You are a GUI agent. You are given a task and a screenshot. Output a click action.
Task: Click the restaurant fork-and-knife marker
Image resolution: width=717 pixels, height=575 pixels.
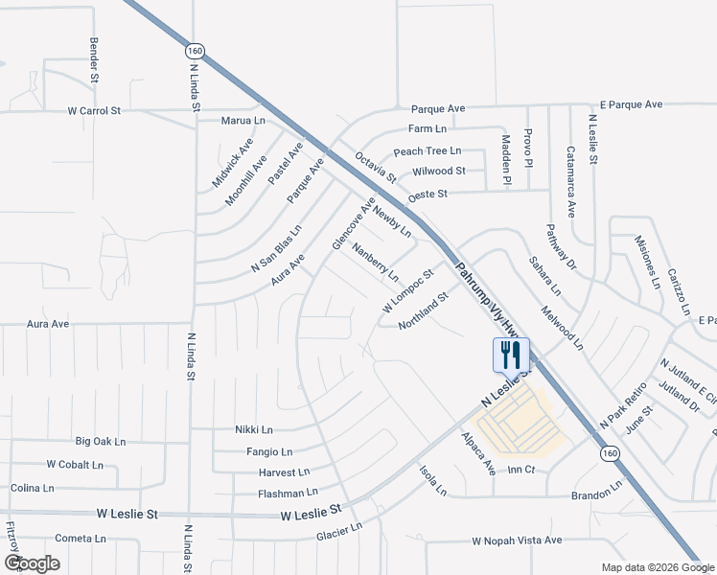click(x=510, y=355)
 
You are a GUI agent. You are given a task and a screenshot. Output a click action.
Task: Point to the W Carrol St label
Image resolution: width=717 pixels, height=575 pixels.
click(x=94, y=111)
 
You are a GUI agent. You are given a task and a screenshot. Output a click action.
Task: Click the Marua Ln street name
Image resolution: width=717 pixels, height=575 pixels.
click(x=243, y=121)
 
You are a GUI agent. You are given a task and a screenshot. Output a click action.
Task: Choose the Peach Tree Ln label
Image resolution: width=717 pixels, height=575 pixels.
click(x=428, y=151)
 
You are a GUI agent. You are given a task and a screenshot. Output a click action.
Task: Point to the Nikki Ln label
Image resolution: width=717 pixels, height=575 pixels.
click(x=254, y=430)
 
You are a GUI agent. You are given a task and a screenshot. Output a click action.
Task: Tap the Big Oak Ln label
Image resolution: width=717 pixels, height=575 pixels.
click(x=101, y=442)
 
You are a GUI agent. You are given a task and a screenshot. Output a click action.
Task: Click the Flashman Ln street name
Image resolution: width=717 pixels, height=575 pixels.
click(x=288, y=494)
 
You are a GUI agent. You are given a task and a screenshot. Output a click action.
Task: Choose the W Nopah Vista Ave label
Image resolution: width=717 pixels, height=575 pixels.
click(x=517, y=540)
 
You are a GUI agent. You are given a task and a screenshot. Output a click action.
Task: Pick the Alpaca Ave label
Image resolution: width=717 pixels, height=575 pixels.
click(x=476, y=453)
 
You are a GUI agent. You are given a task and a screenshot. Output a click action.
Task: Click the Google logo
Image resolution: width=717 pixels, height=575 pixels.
click(x=32, y=563)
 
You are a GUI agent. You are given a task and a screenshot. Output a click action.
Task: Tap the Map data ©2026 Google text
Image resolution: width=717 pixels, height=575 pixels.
click(x=657, y=567)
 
